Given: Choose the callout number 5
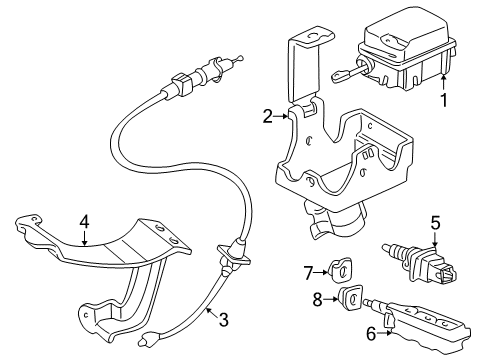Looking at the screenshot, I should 435,222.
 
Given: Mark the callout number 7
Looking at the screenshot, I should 309,269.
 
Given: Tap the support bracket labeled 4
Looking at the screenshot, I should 110,255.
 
